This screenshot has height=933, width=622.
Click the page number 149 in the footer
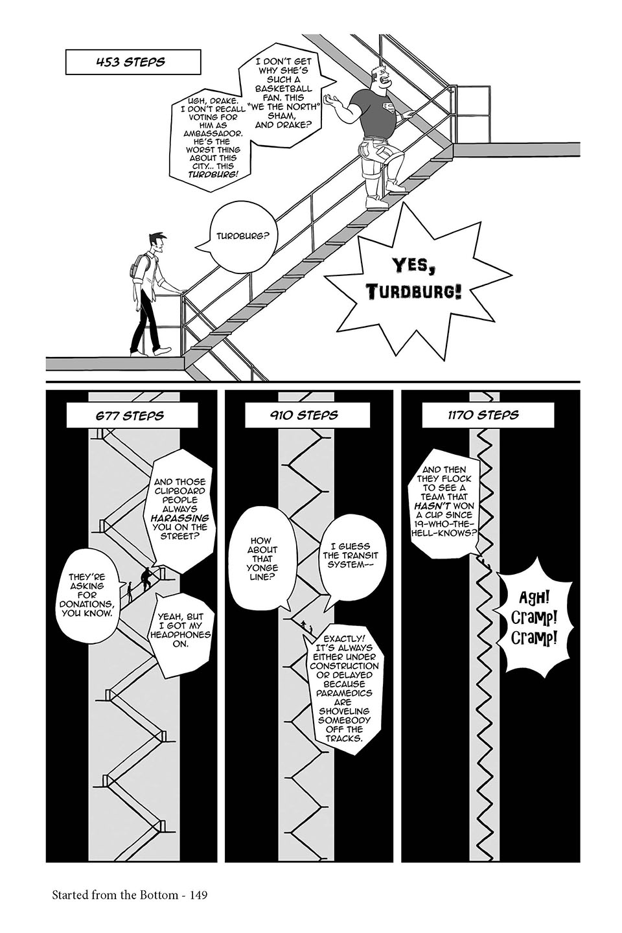(195, 895)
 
